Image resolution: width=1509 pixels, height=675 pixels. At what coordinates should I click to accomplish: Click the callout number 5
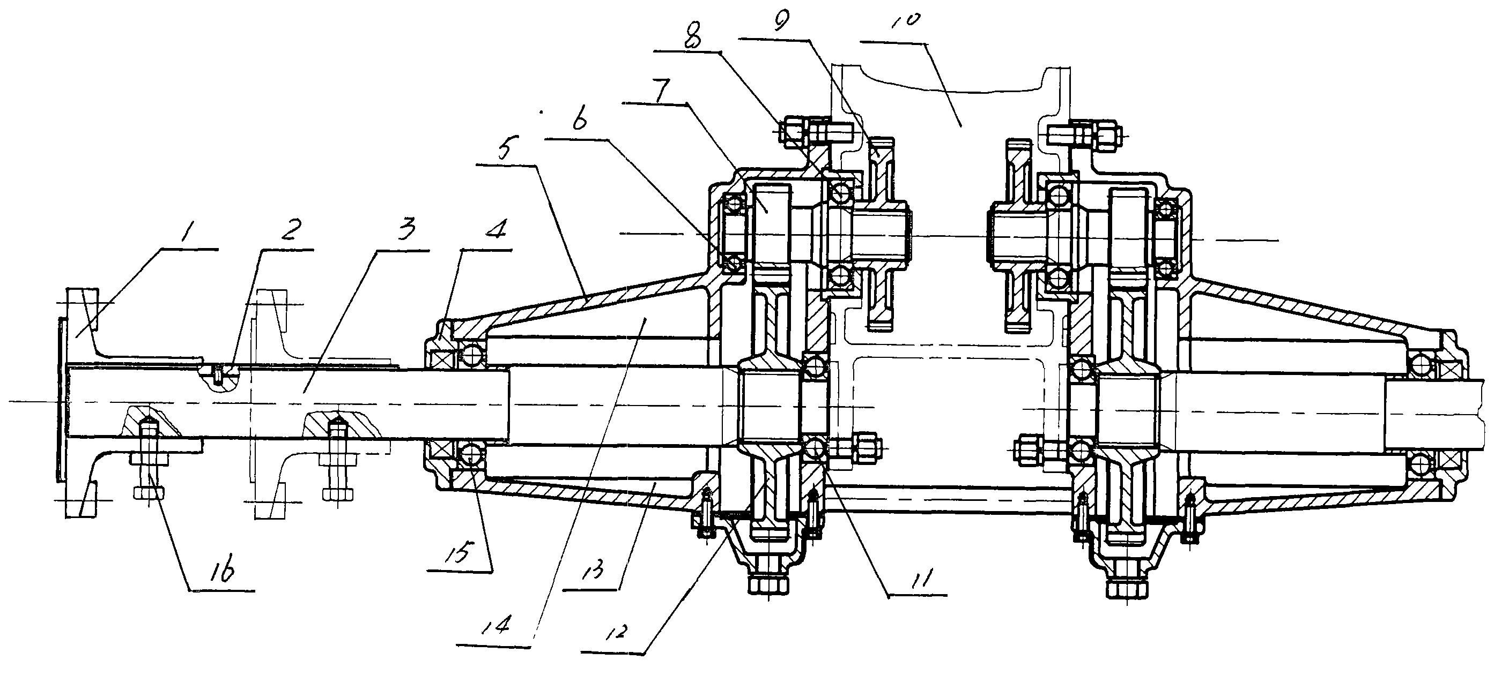point(505,149)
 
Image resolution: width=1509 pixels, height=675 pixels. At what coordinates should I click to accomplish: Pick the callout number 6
point(579,122)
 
